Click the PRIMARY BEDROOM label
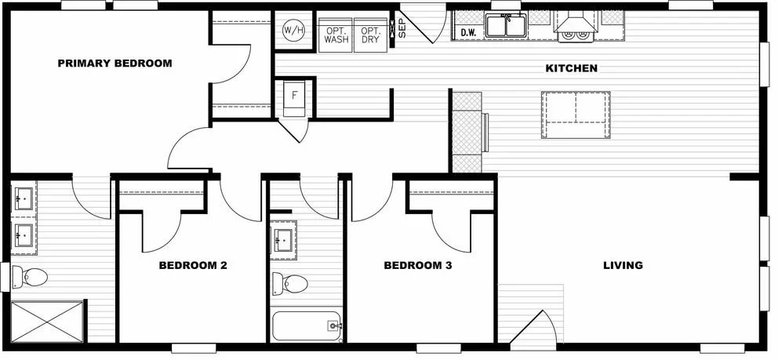tap(115, 64)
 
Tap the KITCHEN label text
tap(571, 69)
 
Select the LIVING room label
tap(623, 265)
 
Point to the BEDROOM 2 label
tap(193, 266)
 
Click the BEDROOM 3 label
tap(417, 266)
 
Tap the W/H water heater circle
tap(293, 31)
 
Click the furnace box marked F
tap(295, 96)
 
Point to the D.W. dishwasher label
tap(469, 32)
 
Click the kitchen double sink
tap(506, 26)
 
